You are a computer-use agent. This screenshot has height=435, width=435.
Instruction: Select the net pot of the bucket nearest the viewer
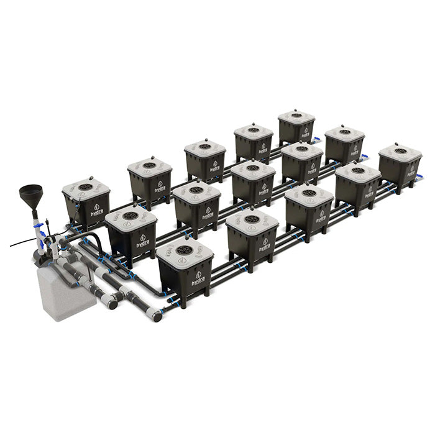[184, 250]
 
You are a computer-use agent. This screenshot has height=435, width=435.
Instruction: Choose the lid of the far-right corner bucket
[400, 152]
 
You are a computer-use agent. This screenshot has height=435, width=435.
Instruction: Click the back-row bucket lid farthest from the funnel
[296, 116]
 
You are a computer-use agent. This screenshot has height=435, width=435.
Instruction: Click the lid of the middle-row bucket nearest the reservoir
[131, 217]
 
